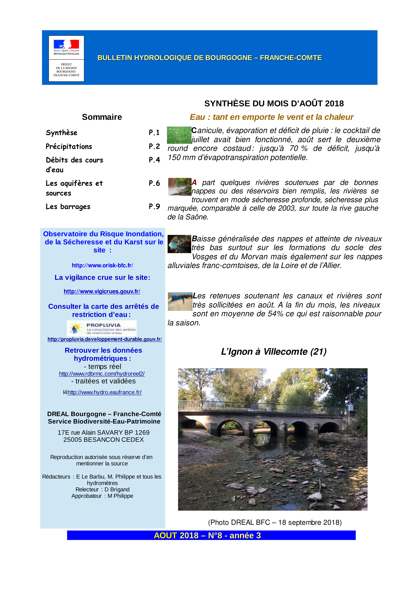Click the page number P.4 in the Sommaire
[x=154, y=160]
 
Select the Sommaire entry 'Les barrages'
[x=68, y=207]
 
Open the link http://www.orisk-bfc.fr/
[x=102, y=265]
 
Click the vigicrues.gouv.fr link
[x=102, y=291]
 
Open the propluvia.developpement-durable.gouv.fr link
[x=105, y=339]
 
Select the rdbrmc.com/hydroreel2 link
[x=102, y=374]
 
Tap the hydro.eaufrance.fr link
[x=104, y=392]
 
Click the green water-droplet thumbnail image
[x=179, y=135]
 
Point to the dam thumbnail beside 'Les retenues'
[x=180, y=301]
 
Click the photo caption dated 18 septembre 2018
[x=275, y=522]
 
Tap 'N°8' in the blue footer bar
[x=215, y=535]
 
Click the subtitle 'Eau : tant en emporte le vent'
[x=271, y=117]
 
